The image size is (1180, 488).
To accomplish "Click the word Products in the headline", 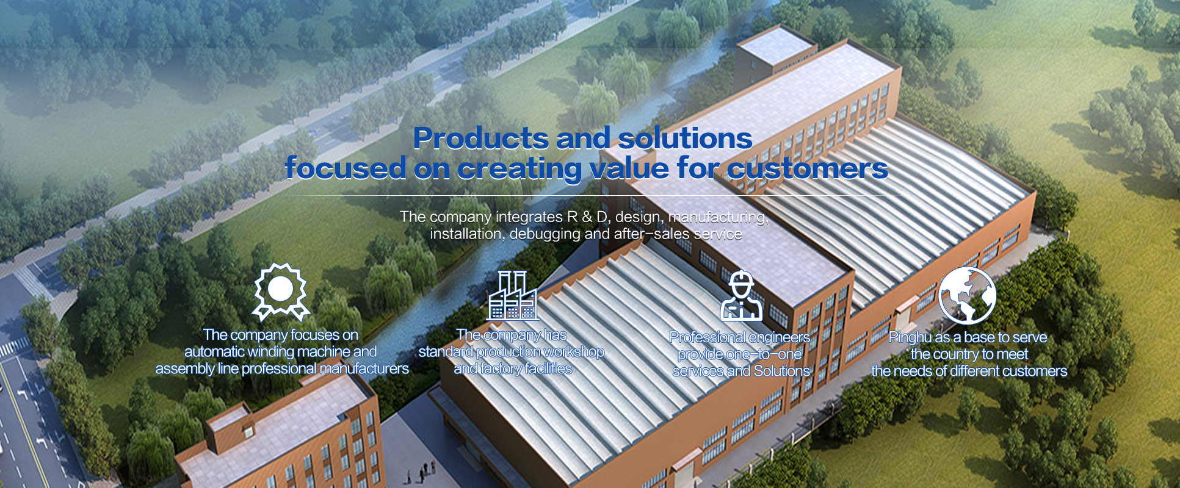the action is point(480,138).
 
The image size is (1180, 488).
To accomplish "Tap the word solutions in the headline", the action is point(685,138).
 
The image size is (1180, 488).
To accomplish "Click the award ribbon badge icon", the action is point(281,292).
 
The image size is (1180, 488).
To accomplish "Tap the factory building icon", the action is point(513,296).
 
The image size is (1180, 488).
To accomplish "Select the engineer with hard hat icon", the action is point(741,296).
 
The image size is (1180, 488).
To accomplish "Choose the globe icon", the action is point(967,295).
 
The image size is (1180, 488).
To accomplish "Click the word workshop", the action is point(574,352).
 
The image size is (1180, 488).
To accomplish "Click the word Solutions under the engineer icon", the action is point(781,371).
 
